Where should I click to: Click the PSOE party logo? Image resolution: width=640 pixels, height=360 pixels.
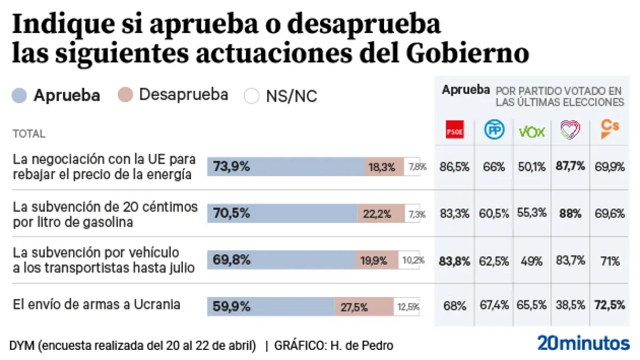tap(454, 130)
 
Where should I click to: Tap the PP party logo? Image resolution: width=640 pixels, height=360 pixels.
tap(494, 130)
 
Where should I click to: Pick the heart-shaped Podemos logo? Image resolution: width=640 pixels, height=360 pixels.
tap(570, 130)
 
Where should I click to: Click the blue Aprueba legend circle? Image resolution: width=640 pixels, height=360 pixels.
tap(19, 96)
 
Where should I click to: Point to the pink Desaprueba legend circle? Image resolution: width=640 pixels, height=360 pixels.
tap(125, 96)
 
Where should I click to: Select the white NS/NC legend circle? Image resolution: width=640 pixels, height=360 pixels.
tap(252, 96)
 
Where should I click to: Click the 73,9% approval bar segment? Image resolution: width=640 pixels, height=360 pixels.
tap(286, 167)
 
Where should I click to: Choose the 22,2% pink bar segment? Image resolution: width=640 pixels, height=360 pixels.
tap(381, 214)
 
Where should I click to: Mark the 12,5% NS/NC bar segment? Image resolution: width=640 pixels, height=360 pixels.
tap(407, 307)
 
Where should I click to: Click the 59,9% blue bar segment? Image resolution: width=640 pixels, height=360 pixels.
tap(271, 307)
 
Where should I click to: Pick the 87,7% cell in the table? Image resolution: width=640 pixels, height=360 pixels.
tap(570, 167)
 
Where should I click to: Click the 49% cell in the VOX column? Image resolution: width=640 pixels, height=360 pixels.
tap(532, 261)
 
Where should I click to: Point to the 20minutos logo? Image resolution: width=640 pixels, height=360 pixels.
tap(583, 342)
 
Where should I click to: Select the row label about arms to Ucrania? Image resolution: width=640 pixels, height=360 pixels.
tap(97, 305)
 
